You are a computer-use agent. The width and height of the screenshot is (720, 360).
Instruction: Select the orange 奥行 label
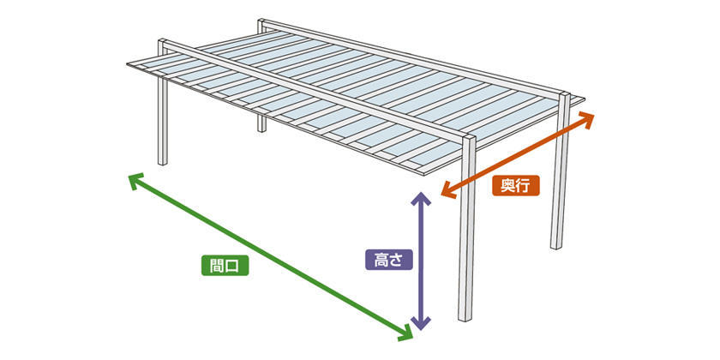[x=516, y=183]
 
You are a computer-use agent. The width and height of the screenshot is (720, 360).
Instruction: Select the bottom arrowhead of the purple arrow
[x=419, y=324]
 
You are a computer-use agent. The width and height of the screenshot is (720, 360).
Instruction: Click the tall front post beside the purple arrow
[x=467, y=240]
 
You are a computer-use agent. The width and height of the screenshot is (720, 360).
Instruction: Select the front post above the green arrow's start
[x=162, y=120]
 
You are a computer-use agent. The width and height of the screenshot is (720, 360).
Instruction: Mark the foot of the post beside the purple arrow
[x=465, y=317]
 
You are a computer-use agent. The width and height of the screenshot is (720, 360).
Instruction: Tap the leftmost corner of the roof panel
[x=127, y=63]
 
